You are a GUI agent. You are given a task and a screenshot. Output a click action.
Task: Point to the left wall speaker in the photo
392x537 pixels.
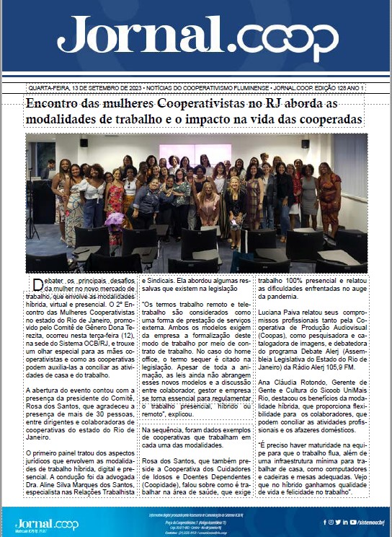pos(84,144)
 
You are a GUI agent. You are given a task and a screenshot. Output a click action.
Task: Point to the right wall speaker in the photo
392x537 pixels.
pos(306,144)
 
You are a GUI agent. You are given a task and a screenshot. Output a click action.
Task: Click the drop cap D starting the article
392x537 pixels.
pos(37,283)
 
